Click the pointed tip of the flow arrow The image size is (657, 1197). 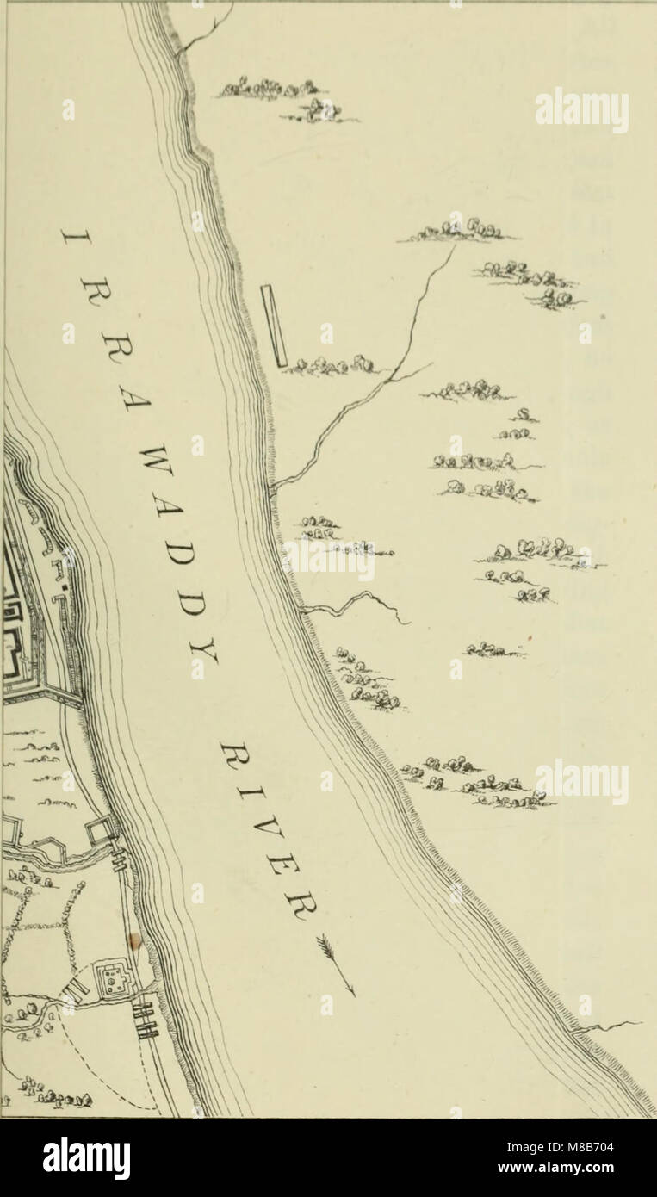pyautogui.click(x=354, y=995)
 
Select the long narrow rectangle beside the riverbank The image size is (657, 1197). pyautogui.click(x=275, y=326)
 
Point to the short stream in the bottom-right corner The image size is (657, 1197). pyautogui.click(x=611, y=1026)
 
